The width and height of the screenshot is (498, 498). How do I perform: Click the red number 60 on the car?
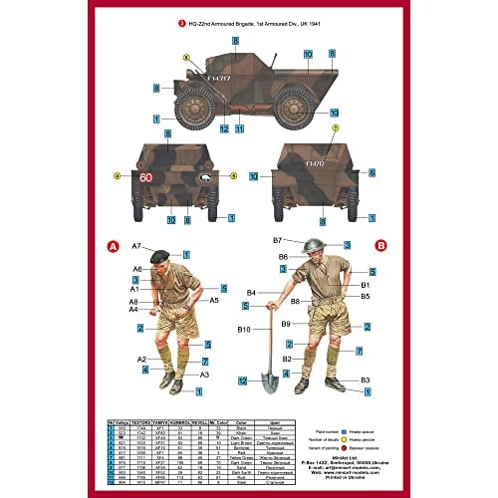point(147,178)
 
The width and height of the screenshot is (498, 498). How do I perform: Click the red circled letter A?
point(112,245)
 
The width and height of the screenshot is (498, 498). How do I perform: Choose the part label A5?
point(213,300)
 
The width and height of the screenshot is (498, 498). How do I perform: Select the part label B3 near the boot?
point(366,379)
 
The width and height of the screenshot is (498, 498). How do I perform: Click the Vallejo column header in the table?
point(123,422)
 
